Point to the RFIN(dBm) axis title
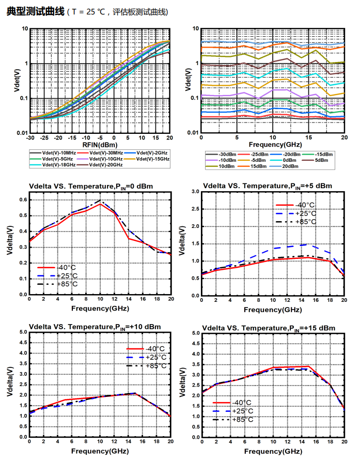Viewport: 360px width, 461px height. pyautogui.click(x=99, y=145)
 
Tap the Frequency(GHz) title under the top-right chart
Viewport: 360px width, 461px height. pyautogui.click(x=272, y=145)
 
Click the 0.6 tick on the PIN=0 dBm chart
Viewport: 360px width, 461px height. pyautogui.click(x=23, y=199)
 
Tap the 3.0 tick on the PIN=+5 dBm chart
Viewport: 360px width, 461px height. pyautogui.click(x=197, y=192)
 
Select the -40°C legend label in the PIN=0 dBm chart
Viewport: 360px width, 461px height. pyautogui.click(x=66, y=267)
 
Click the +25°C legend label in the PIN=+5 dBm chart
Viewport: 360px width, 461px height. pyautogui.click(x=304, y=213)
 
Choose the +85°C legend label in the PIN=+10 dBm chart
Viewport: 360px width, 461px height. pyautogui.click(x=155, y=365)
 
